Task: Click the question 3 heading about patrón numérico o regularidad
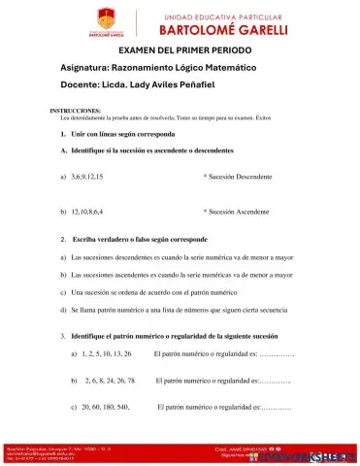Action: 175,335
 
